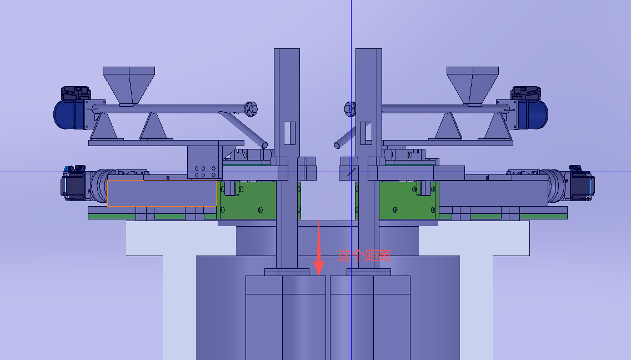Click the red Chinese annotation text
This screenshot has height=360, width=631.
coord(364,256)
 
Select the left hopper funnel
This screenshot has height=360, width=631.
coord(129,86)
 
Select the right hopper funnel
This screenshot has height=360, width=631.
coord(473,86)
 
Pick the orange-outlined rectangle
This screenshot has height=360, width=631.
coord(162,193)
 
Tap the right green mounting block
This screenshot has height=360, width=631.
coord(407,201)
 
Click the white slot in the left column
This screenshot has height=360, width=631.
coord(290,133)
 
